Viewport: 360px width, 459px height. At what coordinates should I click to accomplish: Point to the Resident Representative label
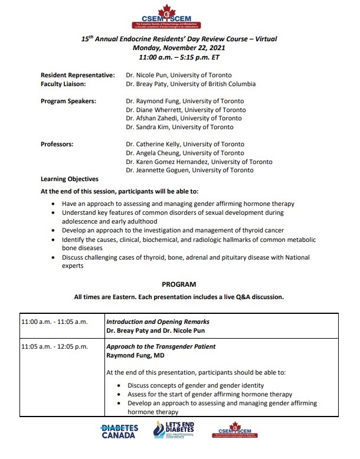pyautogui.click(x=77, y=75)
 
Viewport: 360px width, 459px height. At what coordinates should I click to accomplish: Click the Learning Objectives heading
pyautogui.click(x=69, y=179)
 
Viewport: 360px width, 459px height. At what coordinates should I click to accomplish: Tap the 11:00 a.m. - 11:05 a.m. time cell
pyautogui.click(x=54, y=322)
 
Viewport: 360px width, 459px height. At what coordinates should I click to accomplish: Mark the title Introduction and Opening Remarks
pyautogui.click(x=158, y=322)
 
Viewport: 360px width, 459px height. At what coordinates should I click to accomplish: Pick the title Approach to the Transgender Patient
pyautogui.click(x=161, y=346)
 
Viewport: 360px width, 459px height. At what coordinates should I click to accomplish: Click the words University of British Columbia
pyautogui.click(x=207, y=84)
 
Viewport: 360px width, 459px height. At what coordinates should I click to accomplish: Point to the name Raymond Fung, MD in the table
pyautogui.click(x=133, y=356)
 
